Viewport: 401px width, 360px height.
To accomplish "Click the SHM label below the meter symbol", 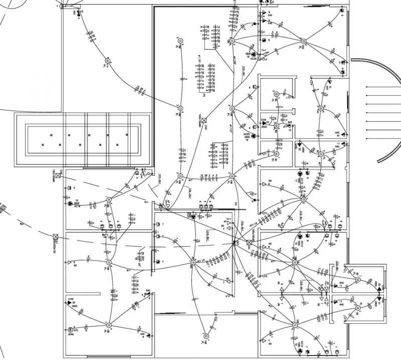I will pos(70,334).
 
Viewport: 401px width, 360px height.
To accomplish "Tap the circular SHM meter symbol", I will pos(70,329).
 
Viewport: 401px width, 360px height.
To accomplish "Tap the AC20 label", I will pos(253,59).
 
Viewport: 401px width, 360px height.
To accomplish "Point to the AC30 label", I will pos(247,134).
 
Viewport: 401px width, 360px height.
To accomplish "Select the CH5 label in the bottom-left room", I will pos(70,299).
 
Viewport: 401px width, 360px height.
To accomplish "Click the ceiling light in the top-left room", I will pos(107,61).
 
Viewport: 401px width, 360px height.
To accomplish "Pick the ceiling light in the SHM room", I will pos(108,325).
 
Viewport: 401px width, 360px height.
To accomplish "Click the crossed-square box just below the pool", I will pos(58,175).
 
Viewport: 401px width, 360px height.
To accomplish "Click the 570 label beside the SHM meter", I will pos(76,330).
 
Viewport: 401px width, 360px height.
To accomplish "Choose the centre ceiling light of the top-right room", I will pos(302,42).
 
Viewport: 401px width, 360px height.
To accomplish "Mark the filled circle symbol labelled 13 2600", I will pos(70,204).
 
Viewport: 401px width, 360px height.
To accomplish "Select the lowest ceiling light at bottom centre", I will pos(205,336).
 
